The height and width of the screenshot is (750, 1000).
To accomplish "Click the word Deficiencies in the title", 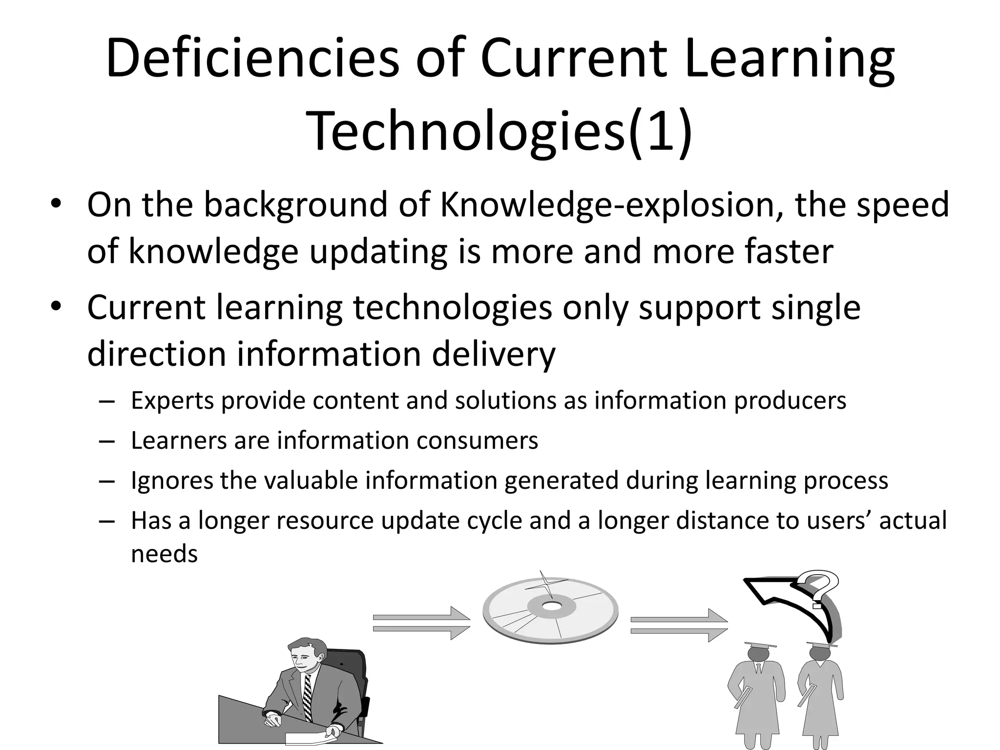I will (x=252, y=59).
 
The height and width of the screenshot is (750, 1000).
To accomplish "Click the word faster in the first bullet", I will (x=789, y=252).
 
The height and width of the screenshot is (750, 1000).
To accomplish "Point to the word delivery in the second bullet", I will (x=494, y=354).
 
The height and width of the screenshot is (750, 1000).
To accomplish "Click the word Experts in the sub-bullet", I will (x=172, y=401).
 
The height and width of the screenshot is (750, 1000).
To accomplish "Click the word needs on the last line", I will (x=165, y=554).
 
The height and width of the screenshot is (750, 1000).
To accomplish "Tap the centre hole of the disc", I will (x=552, y=606).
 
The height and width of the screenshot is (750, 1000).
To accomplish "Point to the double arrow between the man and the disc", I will (x=421, y=623).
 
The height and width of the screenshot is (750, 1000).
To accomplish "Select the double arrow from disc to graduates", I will (x=679, y=625).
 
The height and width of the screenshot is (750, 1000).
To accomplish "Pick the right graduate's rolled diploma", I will (x=806, y=696).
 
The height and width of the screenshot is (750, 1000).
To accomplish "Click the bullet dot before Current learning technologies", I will (x=57, y=307).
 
